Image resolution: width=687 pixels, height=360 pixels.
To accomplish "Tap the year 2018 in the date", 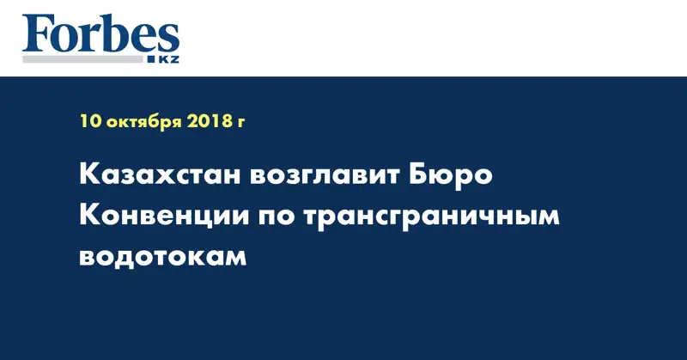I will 209,121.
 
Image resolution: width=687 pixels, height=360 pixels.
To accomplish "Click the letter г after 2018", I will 241,123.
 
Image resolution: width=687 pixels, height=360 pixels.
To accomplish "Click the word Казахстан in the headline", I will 155,177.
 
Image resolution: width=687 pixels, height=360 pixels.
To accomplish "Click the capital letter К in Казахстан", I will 88,177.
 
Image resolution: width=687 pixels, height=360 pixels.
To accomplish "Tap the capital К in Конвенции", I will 88,217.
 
